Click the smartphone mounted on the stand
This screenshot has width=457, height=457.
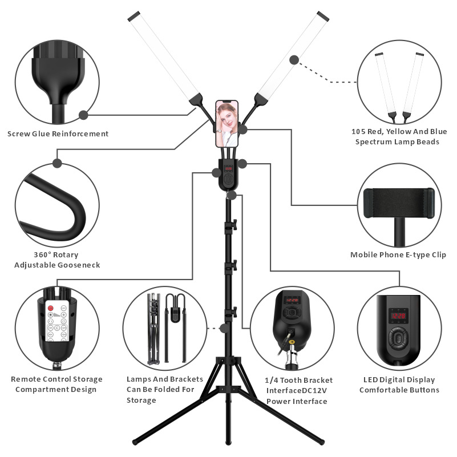(x=227, y=124)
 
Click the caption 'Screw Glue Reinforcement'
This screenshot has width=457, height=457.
(x=58, y=134)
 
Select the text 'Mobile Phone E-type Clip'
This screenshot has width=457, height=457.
(x=398, y=254)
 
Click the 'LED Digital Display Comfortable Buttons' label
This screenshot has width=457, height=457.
(x=399, y=385)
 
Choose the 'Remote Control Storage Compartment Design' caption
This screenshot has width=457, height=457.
(x=57, y=384)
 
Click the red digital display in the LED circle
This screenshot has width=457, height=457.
(x=398, y=315)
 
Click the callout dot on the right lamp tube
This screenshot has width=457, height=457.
(x=294, y=59)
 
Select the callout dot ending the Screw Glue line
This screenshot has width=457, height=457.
(x=83, y=115)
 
